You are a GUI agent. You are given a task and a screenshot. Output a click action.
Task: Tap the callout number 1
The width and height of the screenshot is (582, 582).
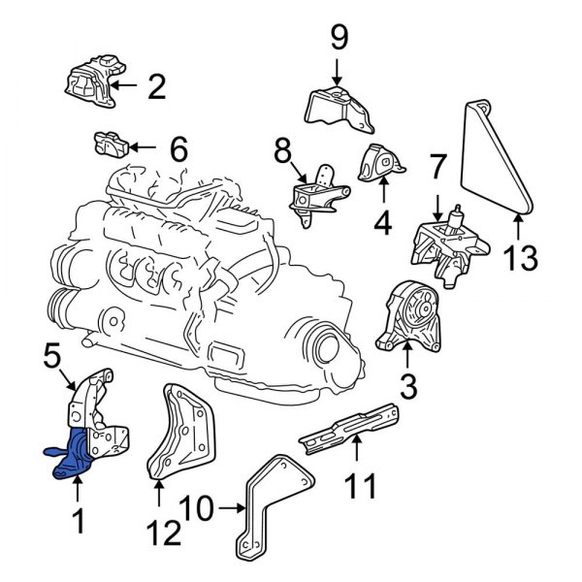[80, 524]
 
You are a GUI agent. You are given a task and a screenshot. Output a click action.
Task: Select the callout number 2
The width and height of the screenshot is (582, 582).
[156, 88]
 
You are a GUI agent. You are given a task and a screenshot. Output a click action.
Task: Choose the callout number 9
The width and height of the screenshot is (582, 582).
[338, 40]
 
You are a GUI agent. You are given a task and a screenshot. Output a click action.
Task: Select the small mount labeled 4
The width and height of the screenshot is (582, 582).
[378, 166]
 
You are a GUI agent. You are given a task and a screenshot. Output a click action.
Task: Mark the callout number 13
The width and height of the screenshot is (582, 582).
[521, 259]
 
